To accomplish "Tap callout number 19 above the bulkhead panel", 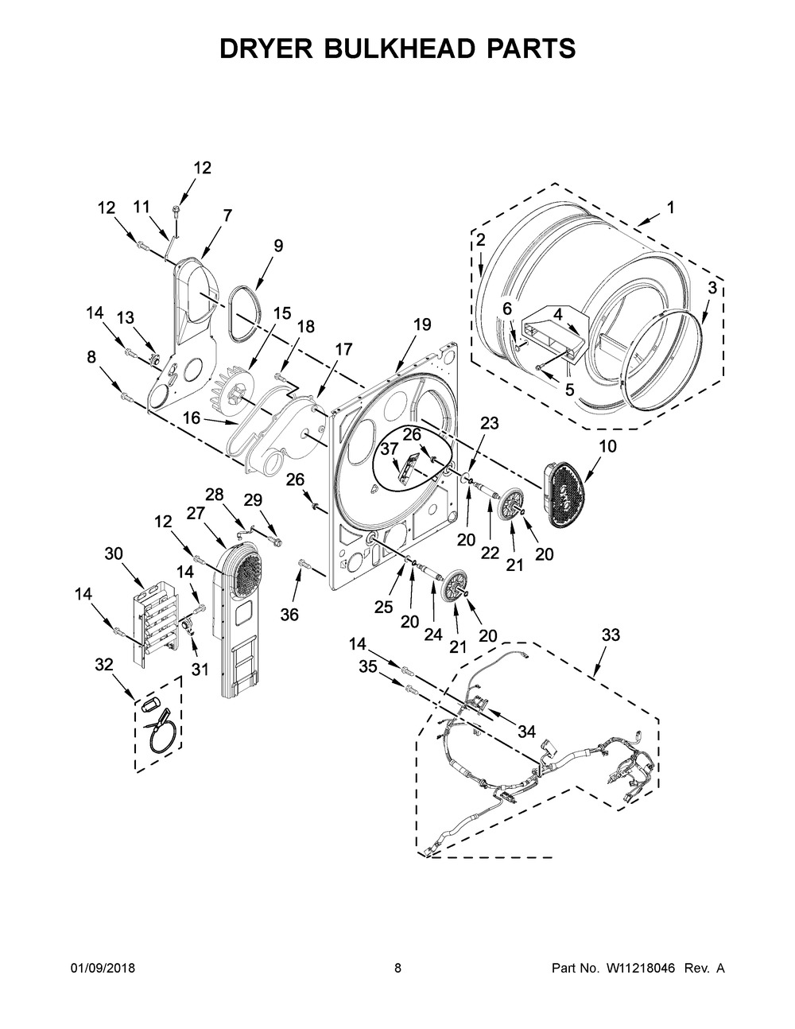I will (422, 324).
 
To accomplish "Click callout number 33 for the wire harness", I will (611, 635).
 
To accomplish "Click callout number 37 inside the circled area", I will (389, 450).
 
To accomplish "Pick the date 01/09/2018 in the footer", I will (103, 968).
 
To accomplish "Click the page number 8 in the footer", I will (397, 968).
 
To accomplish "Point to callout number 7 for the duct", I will (227, 215).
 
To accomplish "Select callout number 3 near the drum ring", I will (712, 288).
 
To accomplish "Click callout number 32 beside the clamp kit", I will (105, 665).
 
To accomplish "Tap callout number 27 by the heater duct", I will (196, 514).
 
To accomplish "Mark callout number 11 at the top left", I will (141, 207).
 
